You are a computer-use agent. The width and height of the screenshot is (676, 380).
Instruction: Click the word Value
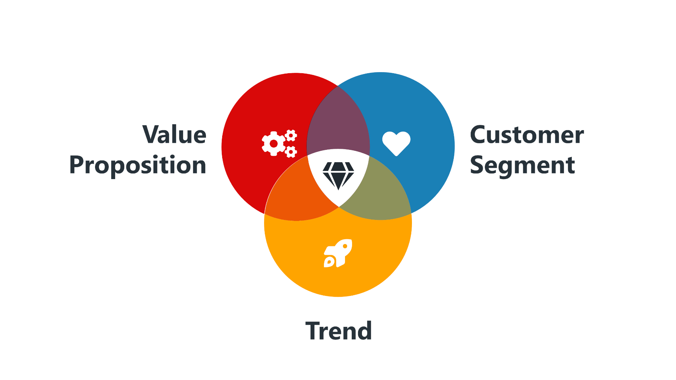tap(174, 135)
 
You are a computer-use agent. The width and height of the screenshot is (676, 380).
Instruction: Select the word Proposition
tap(138, 165)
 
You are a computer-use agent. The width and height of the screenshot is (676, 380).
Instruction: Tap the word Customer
tap(527, 135)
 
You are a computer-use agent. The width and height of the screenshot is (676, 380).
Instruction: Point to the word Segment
tap(522, 165)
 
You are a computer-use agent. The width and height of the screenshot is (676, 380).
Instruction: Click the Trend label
tap(338, 331)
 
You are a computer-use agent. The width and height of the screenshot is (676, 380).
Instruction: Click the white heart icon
tap(396, 143)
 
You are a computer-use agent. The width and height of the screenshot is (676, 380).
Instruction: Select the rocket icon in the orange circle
tap(338, 253)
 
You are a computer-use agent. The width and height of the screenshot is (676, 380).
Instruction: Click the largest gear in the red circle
tap(274, 144)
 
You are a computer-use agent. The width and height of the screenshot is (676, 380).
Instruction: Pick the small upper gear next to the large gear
tap(291, 135)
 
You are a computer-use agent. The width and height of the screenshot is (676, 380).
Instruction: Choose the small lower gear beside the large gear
tap(291, 152)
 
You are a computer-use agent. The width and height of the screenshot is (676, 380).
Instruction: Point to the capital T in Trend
tap(312, 331)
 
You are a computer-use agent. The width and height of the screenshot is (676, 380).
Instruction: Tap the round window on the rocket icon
tap(345, 246)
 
